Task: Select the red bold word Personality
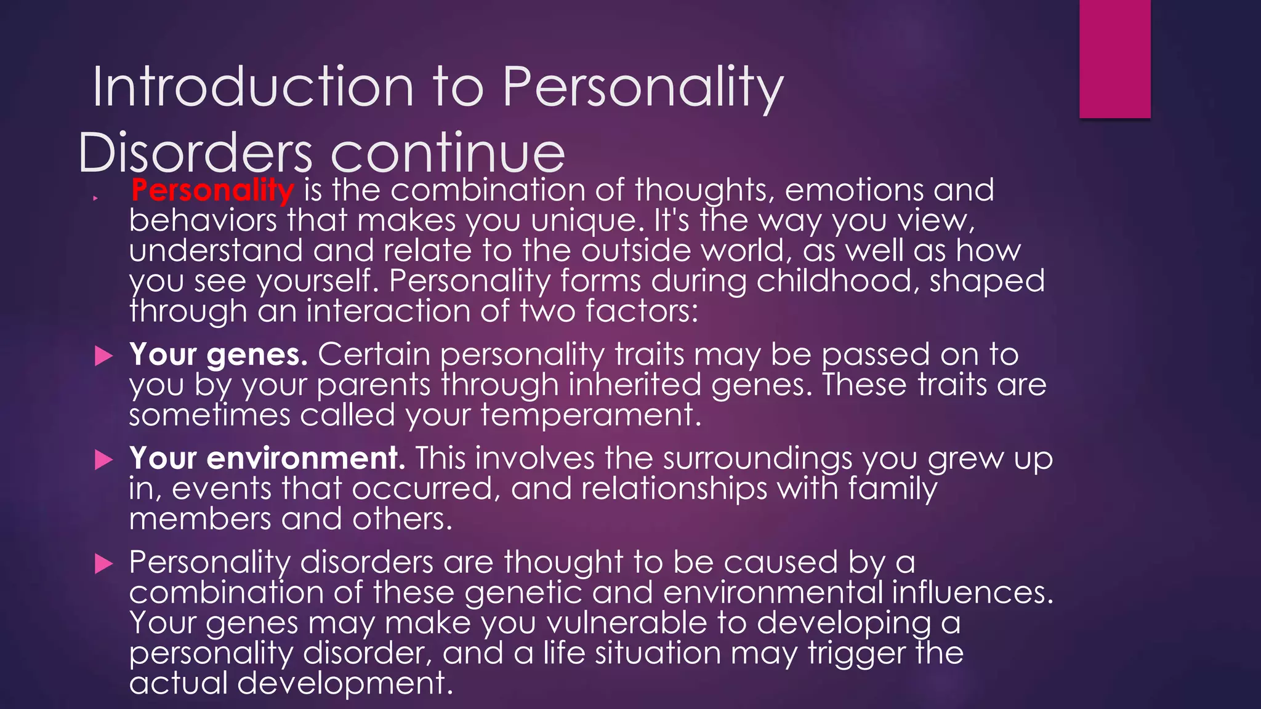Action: tap(212, 190)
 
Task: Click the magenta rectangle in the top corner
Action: tap(1114, 58)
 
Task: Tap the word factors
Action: tap(642, 311)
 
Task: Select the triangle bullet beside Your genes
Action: tap(104, 356)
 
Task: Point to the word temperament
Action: tap(590, 415)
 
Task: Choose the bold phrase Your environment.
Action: tap(267, 459)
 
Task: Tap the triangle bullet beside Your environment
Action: tap(104, 460)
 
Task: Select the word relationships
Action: tap(674, 489)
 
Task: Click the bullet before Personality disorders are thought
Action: tap(104, 564)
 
